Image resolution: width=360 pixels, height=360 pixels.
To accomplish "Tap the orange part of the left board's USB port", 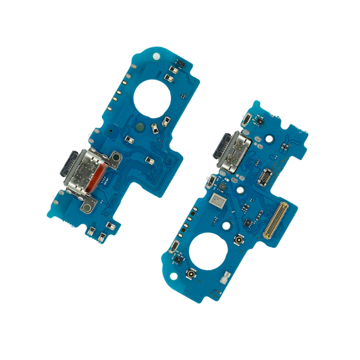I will [97, 176].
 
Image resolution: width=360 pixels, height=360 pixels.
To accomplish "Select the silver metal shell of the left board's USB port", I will [83, 174].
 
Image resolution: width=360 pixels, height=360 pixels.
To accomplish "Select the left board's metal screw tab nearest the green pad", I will [115, 159].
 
